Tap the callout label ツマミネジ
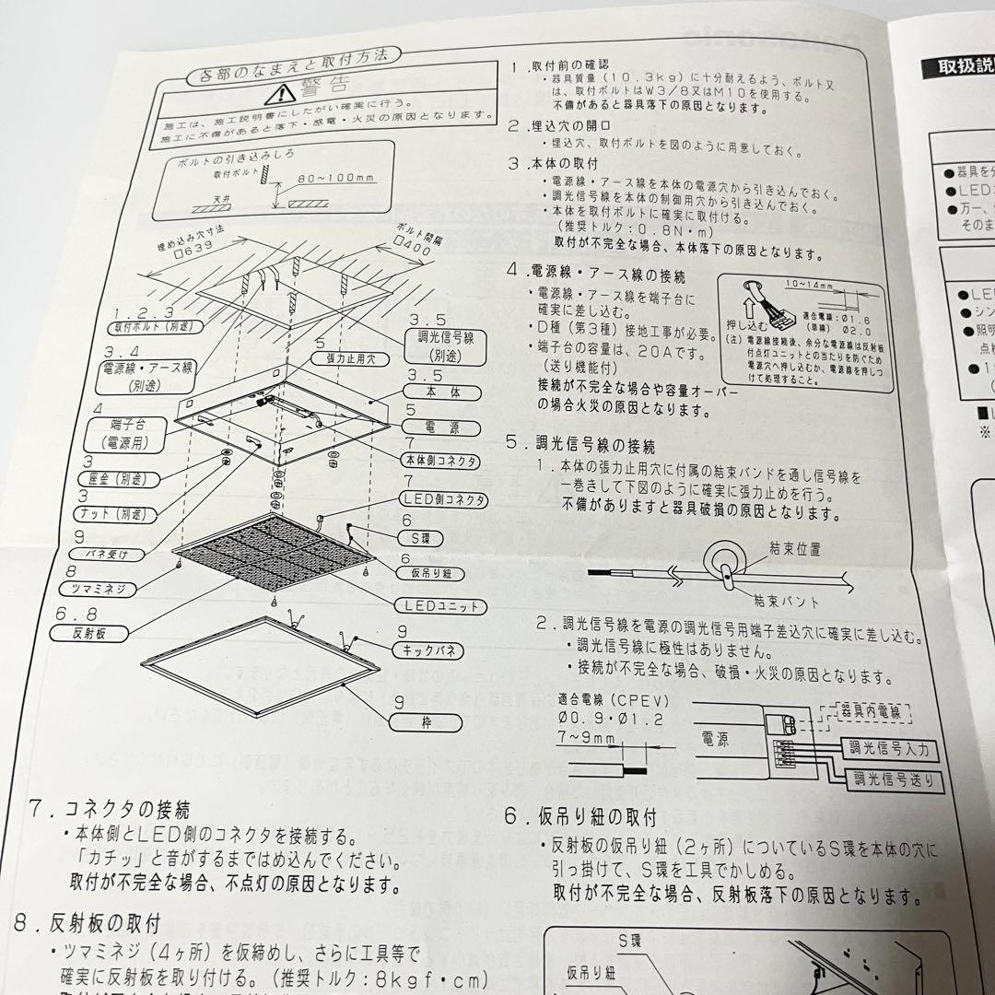click(109, 588)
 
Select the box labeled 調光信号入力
click(888, 749)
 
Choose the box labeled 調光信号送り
click(897, 781)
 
